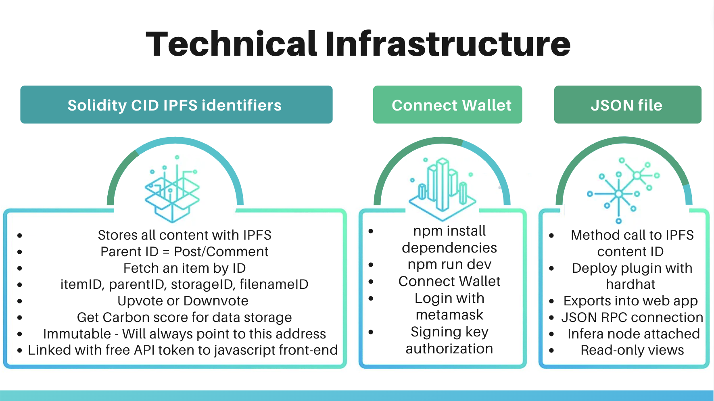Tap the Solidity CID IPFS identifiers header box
click(176, 105)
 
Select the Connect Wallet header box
click(447, 105)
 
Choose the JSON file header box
click(627, 105)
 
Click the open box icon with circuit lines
click(173, 190)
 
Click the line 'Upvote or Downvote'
click(183, 301)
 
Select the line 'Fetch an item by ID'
click(184, 268)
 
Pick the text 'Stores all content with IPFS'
click(184, 235)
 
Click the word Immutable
click(77, 334)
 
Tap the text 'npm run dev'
click(449, 265)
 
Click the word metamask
click(449, 315)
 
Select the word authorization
click(449, 349)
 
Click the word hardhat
click(630, 284)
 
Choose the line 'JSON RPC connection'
click(632, 317)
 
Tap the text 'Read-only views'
click(632, 350)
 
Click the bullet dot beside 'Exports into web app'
click(551, 301)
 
